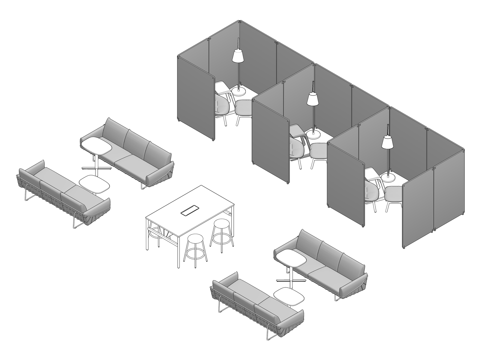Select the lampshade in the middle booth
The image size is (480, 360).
[x=312, y=99]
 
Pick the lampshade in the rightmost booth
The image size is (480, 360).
[x=387, y=142]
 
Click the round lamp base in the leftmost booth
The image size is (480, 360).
[x=240, y=89]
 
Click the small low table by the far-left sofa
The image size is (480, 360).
[x=94, y=184]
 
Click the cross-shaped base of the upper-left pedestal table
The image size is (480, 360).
[x=97, y=169]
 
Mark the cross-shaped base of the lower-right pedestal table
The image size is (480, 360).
[x=291, y=281]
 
